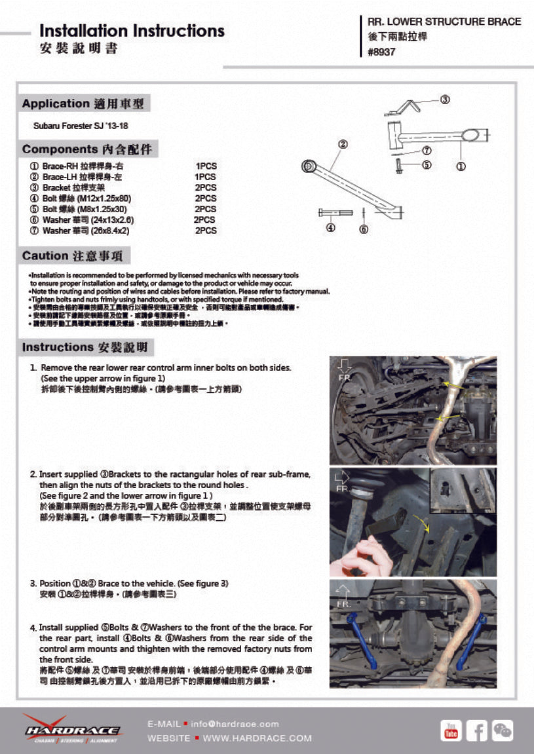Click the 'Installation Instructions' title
(x=132, y=31)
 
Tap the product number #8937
(x=382, y=52)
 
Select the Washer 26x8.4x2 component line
(x=85, y=231)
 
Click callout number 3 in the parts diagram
(x=444, y=100)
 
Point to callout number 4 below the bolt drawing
(x=330, y=228)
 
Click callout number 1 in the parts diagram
(x=461, y=166)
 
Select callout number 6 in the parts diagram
(x=364, y=229)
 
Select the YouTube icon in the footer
(x=451, y=730)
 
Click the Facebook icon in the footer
(x=476, y=730)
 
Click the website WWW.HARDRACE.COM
(x=257, y=738)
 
